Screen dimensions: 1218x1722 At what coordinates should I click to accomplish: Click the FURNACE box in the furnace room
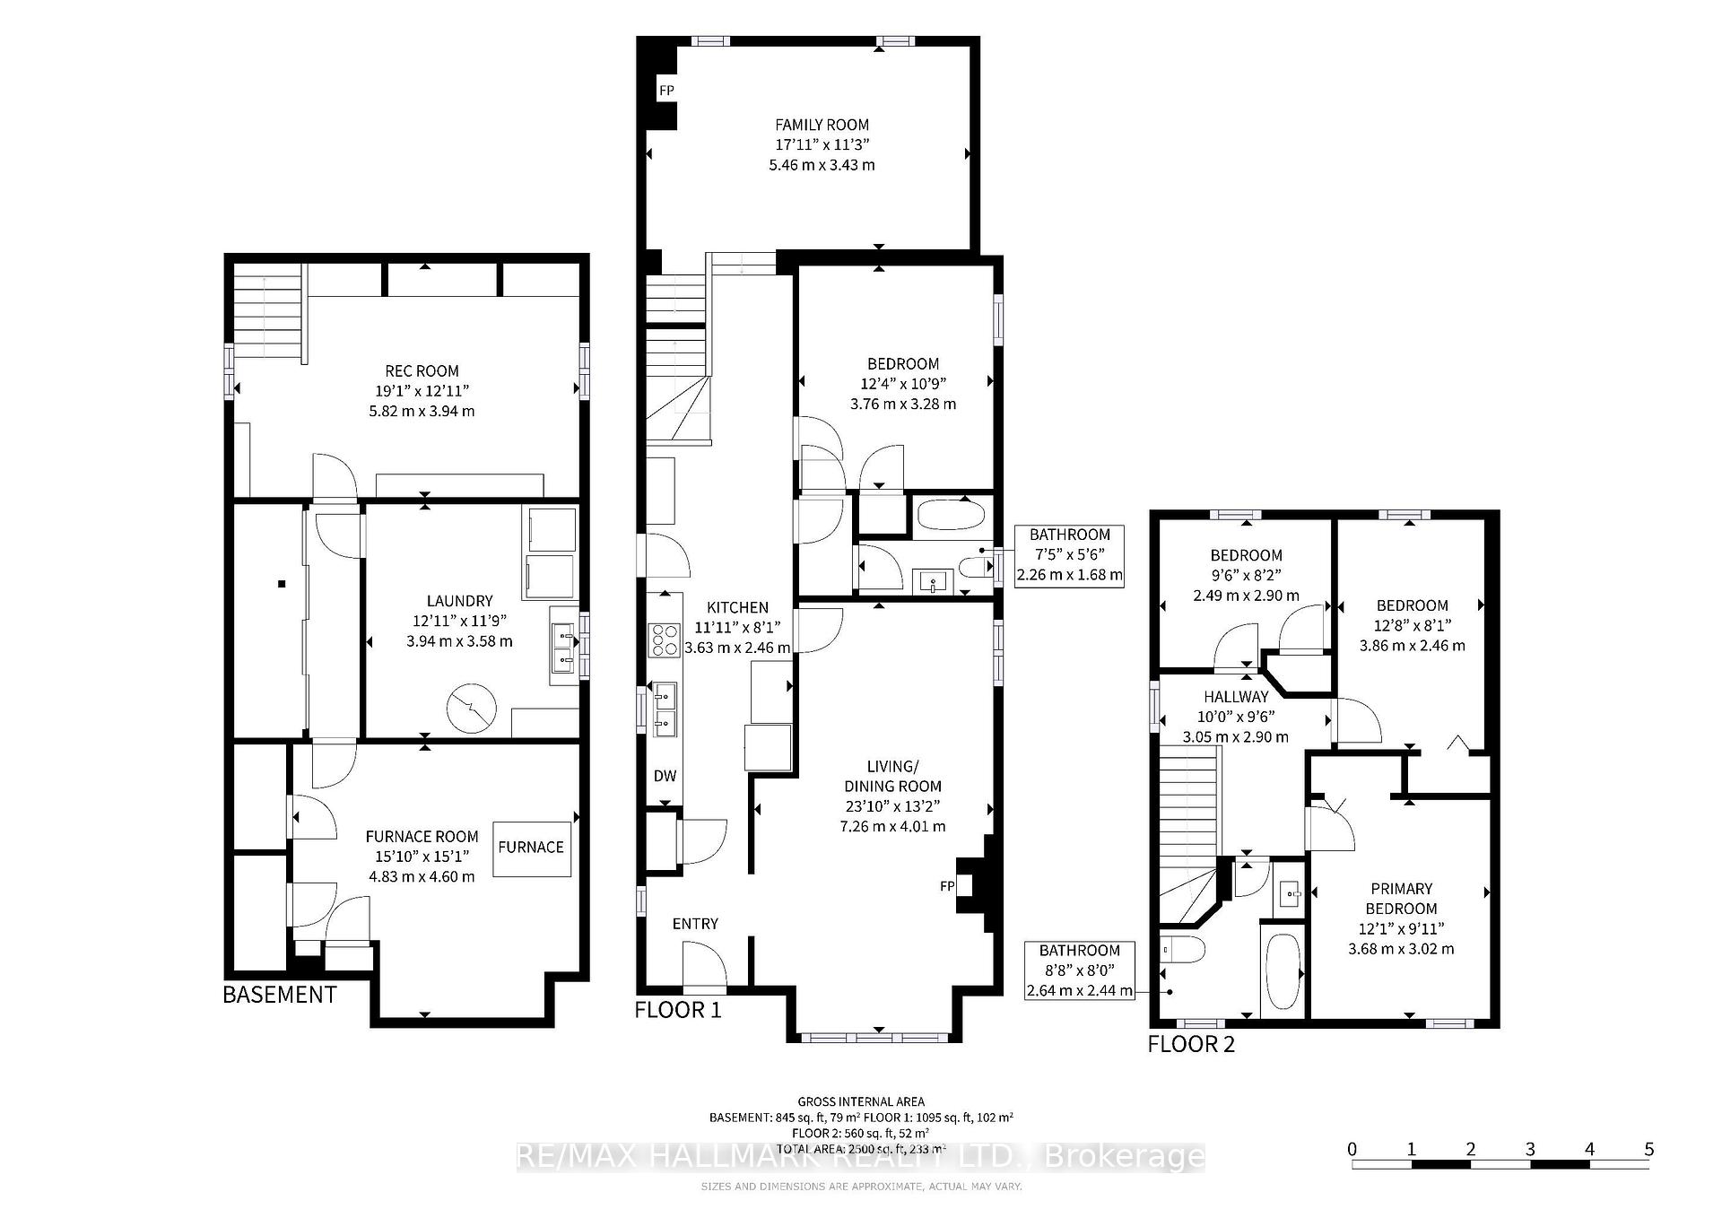point(531,847)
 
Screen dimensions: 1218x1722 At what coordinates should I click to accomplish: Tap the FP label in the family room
point(666,91)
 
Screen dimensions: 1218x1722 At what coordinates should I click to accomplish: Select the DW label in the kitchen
point(665,776)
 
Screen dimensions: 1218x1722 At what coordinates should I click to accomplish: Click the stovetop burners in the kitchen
point(665,640)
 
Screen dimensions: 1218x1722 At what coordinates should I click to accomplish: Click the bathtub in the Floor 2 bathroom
point(1281,973)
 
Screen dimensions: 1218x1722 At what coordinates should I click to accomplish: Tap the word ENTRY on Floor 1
point(695,924)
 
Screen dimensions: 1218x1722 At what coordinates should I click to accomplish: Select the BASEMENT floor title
point(279,994)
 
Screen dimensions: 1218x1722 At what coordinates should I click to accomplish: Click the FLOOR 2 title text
point(1191,1044)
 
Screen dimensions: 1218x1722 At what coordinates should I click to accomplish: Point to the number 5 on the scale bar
point(1648,1149)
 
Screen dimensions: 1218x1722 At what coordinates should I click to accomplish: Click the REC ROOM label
point(422,370)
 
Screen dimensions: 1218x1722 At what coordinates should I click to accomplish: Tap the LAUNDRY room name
point(459,601)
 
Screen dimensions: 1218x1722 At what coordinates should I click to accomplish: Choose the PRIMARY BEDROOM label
point(1401,899)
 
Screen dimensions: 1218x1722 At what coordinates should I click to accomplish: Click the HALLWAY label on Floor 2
point(1236,696)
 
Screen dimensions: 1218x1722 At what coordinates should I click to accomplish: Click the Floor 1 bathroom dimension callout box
point(1069,555)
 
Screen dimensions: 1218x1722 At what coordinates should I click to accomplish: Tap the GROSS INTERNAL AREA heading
point(861,1101)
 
